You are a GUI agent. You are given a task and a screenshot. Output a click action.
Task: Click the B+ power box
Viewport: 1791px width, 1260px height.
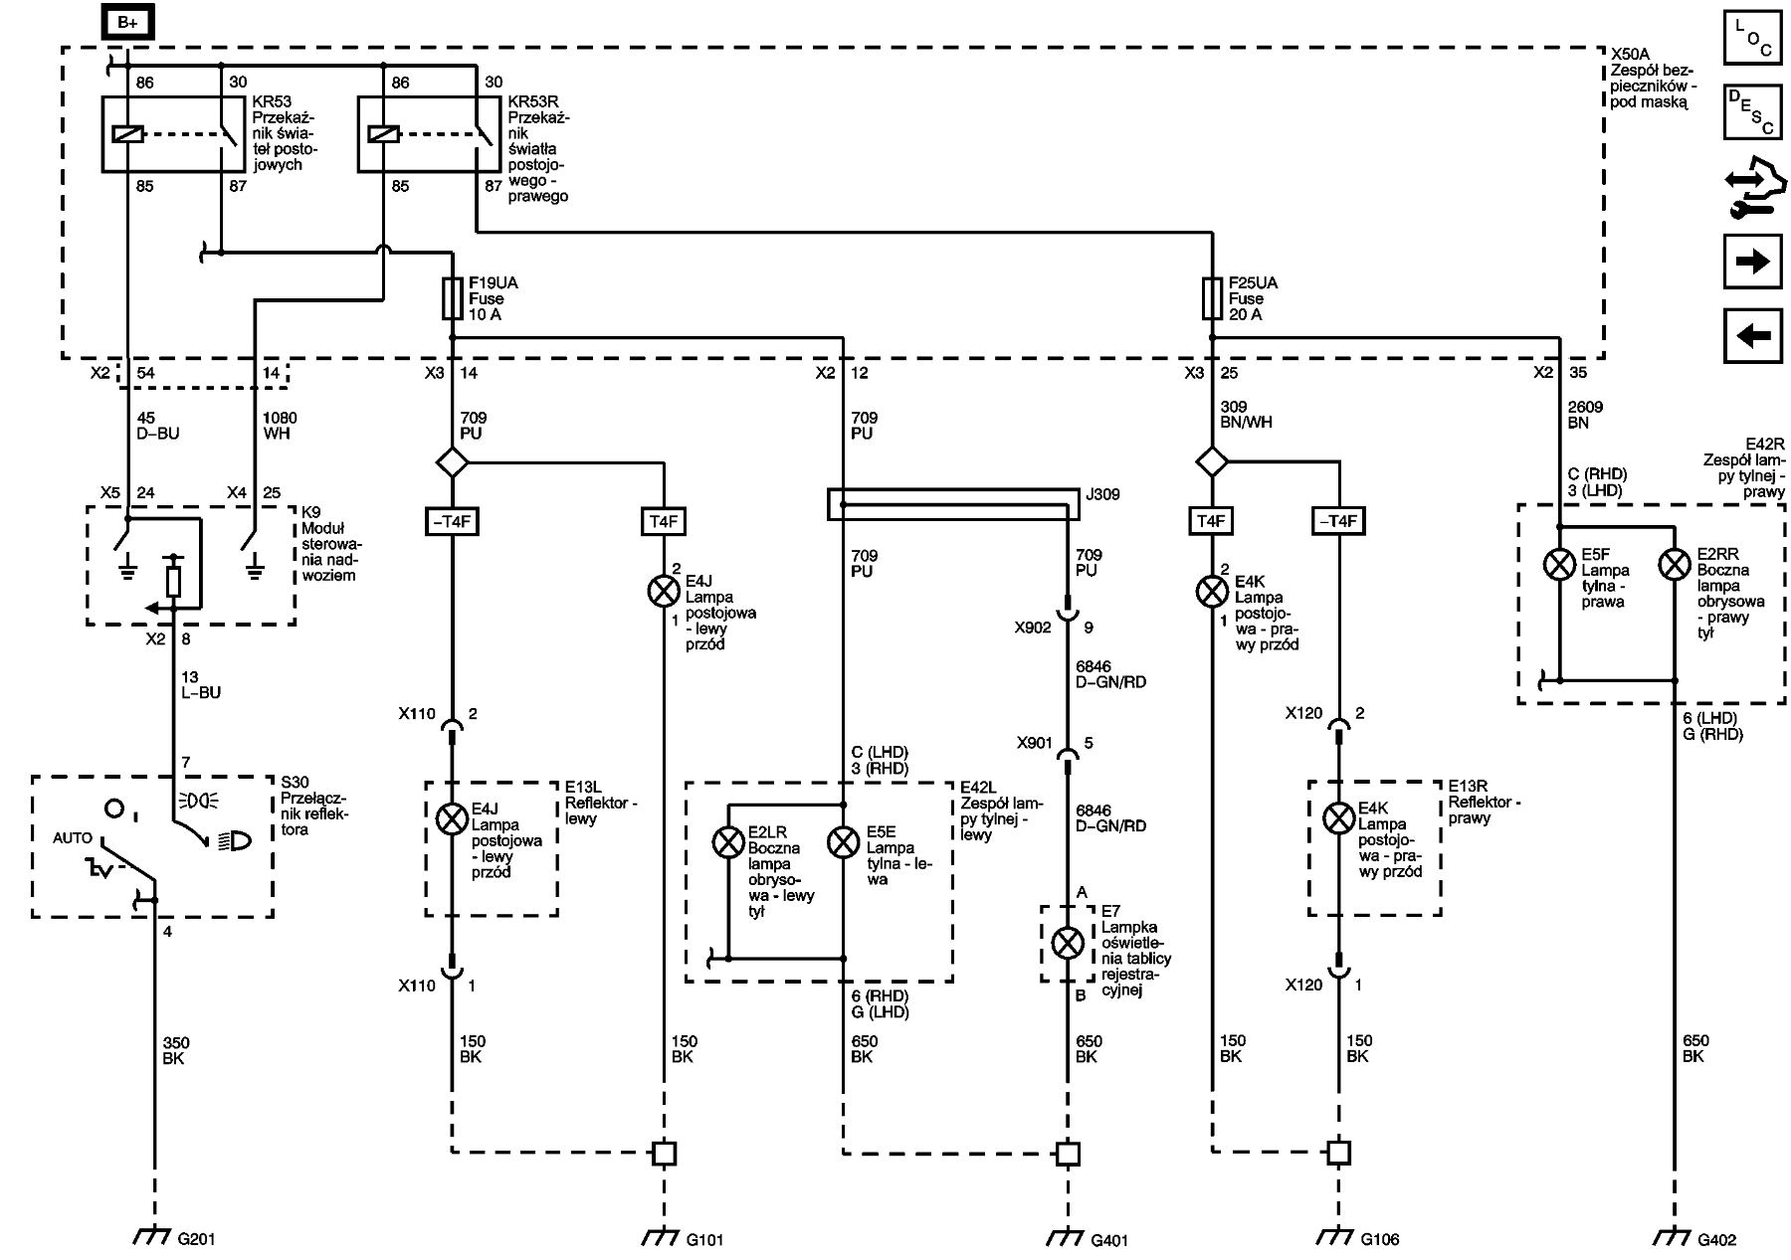pos(127,23)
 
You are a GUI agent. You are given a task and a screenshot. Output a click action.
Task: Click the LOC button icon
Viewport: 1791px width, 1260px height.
pos(1752,37)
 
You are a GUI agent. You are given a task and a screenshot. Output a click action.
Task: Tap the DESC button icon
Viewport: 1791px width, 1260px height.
pos(1752,111)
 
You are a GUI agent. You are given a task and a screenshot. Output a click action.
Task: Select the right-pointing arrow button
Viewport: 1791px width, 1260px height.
pos(1752,262)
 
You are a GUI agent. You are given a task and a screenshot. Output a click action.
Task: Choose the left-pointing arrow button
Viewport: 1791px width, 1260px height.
pos(1752,336)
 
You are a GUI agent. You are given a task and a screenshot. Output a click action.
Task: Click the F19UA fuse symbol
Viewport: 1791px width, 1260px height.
pos(453,298)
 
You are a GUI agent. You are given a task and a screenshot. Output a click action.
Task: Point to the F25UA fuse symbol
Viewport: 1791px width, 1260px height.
pos(1212,298)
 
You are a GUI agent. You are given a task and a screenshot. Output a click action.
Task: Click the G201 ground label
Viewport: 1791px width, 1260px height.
pos(196,1239)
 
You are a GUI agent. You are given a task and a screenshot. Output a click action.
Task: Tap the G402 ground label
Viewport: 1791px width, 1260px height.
pos(1716,1239)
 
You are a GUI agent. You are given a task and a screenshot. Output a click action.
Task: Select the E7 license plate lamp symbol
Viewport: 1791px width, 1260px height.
pos(1068,943)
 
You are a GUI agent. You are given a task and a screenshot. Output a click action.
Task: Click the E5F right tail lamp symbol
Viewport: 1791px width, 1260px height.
pos(1558,566)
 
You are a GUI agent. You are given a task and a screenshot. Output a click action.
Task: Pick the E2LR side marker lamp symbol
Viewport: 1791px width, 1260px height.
pos(728,843)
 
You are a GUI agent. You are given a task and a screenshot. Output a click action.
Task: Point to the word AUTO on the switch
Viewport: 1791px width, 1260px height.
pos(73,838)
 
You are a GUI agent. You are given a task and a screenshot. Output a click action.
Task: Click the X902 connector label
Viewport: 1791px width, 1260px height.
pos(1033,628)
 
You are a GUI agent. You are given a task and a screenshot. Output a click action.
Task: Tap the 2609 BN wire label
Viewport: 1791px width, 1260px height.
pos(1585,415)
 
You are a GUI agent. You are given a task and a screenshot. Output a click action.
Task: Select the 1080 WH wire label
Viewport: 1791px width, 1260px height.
pos(279,426)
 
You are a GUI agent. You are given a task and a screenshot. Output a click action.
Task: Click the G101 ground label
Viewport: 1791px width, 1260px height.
pos(704,1239)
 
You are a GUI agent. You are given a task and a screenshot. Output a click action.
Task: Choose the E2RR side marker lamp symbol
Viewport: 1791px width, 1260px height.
pos(1675,566)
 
